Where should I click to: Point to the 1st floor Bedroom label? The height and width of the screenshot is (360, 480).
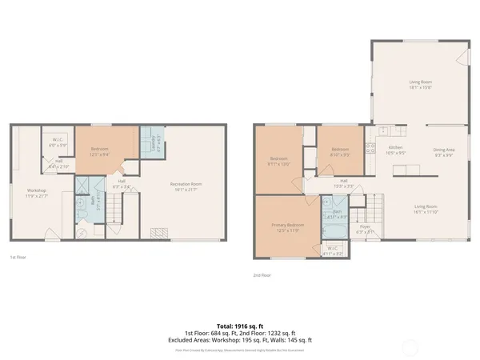pos(99,152)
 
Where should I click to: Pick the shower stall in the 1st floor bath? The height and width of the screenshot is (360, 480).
pos(83,184)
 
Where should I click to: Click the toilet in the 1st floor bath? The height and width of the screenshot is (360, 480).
pos(82,232)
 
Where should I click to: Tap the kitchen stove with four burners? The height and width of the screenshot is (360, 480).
pos(370,148)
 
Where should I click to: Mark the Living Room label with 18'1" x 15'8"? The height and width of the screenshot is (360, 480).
pos(422,83)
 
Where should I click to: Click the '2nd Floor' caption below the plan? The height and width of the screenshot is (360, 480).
pos(262,275)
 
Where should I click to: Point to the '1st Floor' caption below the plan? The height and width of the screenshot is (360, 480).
pos(18,257)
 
